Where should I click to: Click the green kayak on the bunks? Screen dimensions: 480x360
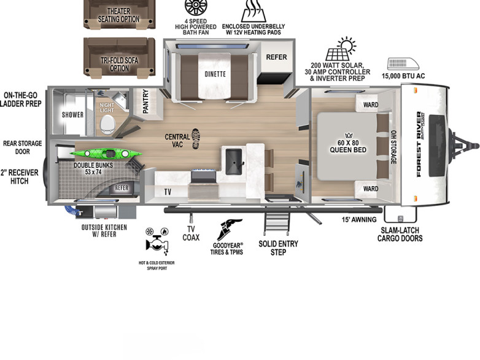pyautogui.click(x=106, y=153)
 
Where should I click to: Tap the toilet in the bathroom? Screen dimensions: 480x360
pyautogui.click(x=108, y=125)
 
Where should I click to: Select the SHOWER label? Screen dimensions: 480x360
pyautogui.click(x=72, y=115)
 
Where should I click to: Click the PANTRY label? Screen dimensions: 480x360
pyautogui.click(x=145, y=101)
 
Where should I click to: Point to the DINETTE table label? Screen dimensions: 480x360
pyautogui.click(x=215, y=74)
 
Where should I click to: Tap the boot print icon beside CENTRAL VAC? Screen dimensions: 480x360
pyautogui.click(x=196, y=139)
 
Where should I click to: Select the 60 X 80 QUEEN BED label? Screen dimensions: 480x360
pyautogui.click(x=348, y=146)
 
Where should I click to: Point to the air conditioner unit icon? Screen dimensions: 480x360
pyautogui.click(x=403, y=64)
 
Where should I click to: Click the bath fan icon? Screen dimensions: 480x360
pyautogui.click(x=196, y=8)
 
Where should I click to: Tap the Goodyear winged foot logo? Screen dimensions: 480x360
pyautogui.click(x=229, y=230)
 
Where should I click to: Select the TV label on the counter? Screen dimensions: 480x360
pyautogui.click(x=168, y=192)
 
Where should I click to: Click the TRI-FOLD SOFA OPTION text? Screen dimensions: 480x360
pyautogui.click(x=120, y=65)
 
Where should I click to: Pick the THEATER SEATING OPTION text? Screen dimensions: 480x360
pyautogui.click(x=119, y=15)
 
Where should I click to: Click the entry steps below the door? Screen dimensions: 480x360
pyautogui.click(x=277, y=219)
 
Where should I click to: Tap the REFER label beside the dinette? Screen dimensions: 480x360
pyautogui.click(x=276, y=57)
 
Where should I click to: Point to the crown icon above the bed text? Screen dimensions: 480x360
pyautogui.click(x=349, y=135)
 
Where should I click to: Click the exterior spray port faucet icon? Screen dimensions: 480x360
pyautogui.click(x=157, y=241)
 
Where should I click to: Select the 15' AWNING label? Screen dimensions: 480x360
pyautogui.click(x=359, y=219)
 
